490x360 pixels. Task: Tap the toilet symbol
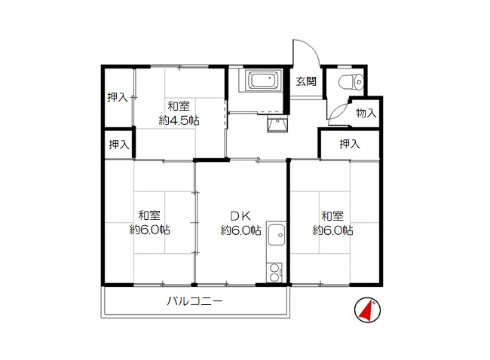pos(351,82)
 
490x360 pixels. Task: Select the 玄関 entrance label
pos(306,81)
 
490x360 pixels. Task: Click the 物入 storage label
pos(366,113)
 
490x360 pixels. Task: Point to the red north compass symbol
pos(368,310)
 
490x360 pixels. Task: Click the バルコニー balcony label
pos(194,301)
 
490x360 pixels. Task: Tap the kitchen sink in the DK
pos(276,234)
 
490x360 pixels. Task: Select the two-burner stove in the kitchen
pos(274,273)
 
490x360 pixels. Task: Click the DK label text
pos(240,215)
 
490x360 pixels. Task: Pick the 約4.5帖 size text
pos(179,121)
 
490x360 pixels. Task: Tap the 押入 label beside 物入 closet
pos(350,144)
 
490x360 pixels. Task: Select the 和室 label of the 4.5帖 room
pos(179,106)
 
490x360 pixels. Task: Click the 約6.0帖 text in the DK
pos(241,230)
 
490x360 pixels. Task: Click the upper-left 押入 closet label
pos(118,97)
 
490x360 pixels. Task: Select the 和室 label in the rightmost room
pos(332,215)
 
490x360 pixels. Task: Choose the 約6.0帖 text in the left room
pos(150,230)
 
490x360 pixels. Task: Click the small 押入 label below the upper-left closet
pos(119,145)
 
